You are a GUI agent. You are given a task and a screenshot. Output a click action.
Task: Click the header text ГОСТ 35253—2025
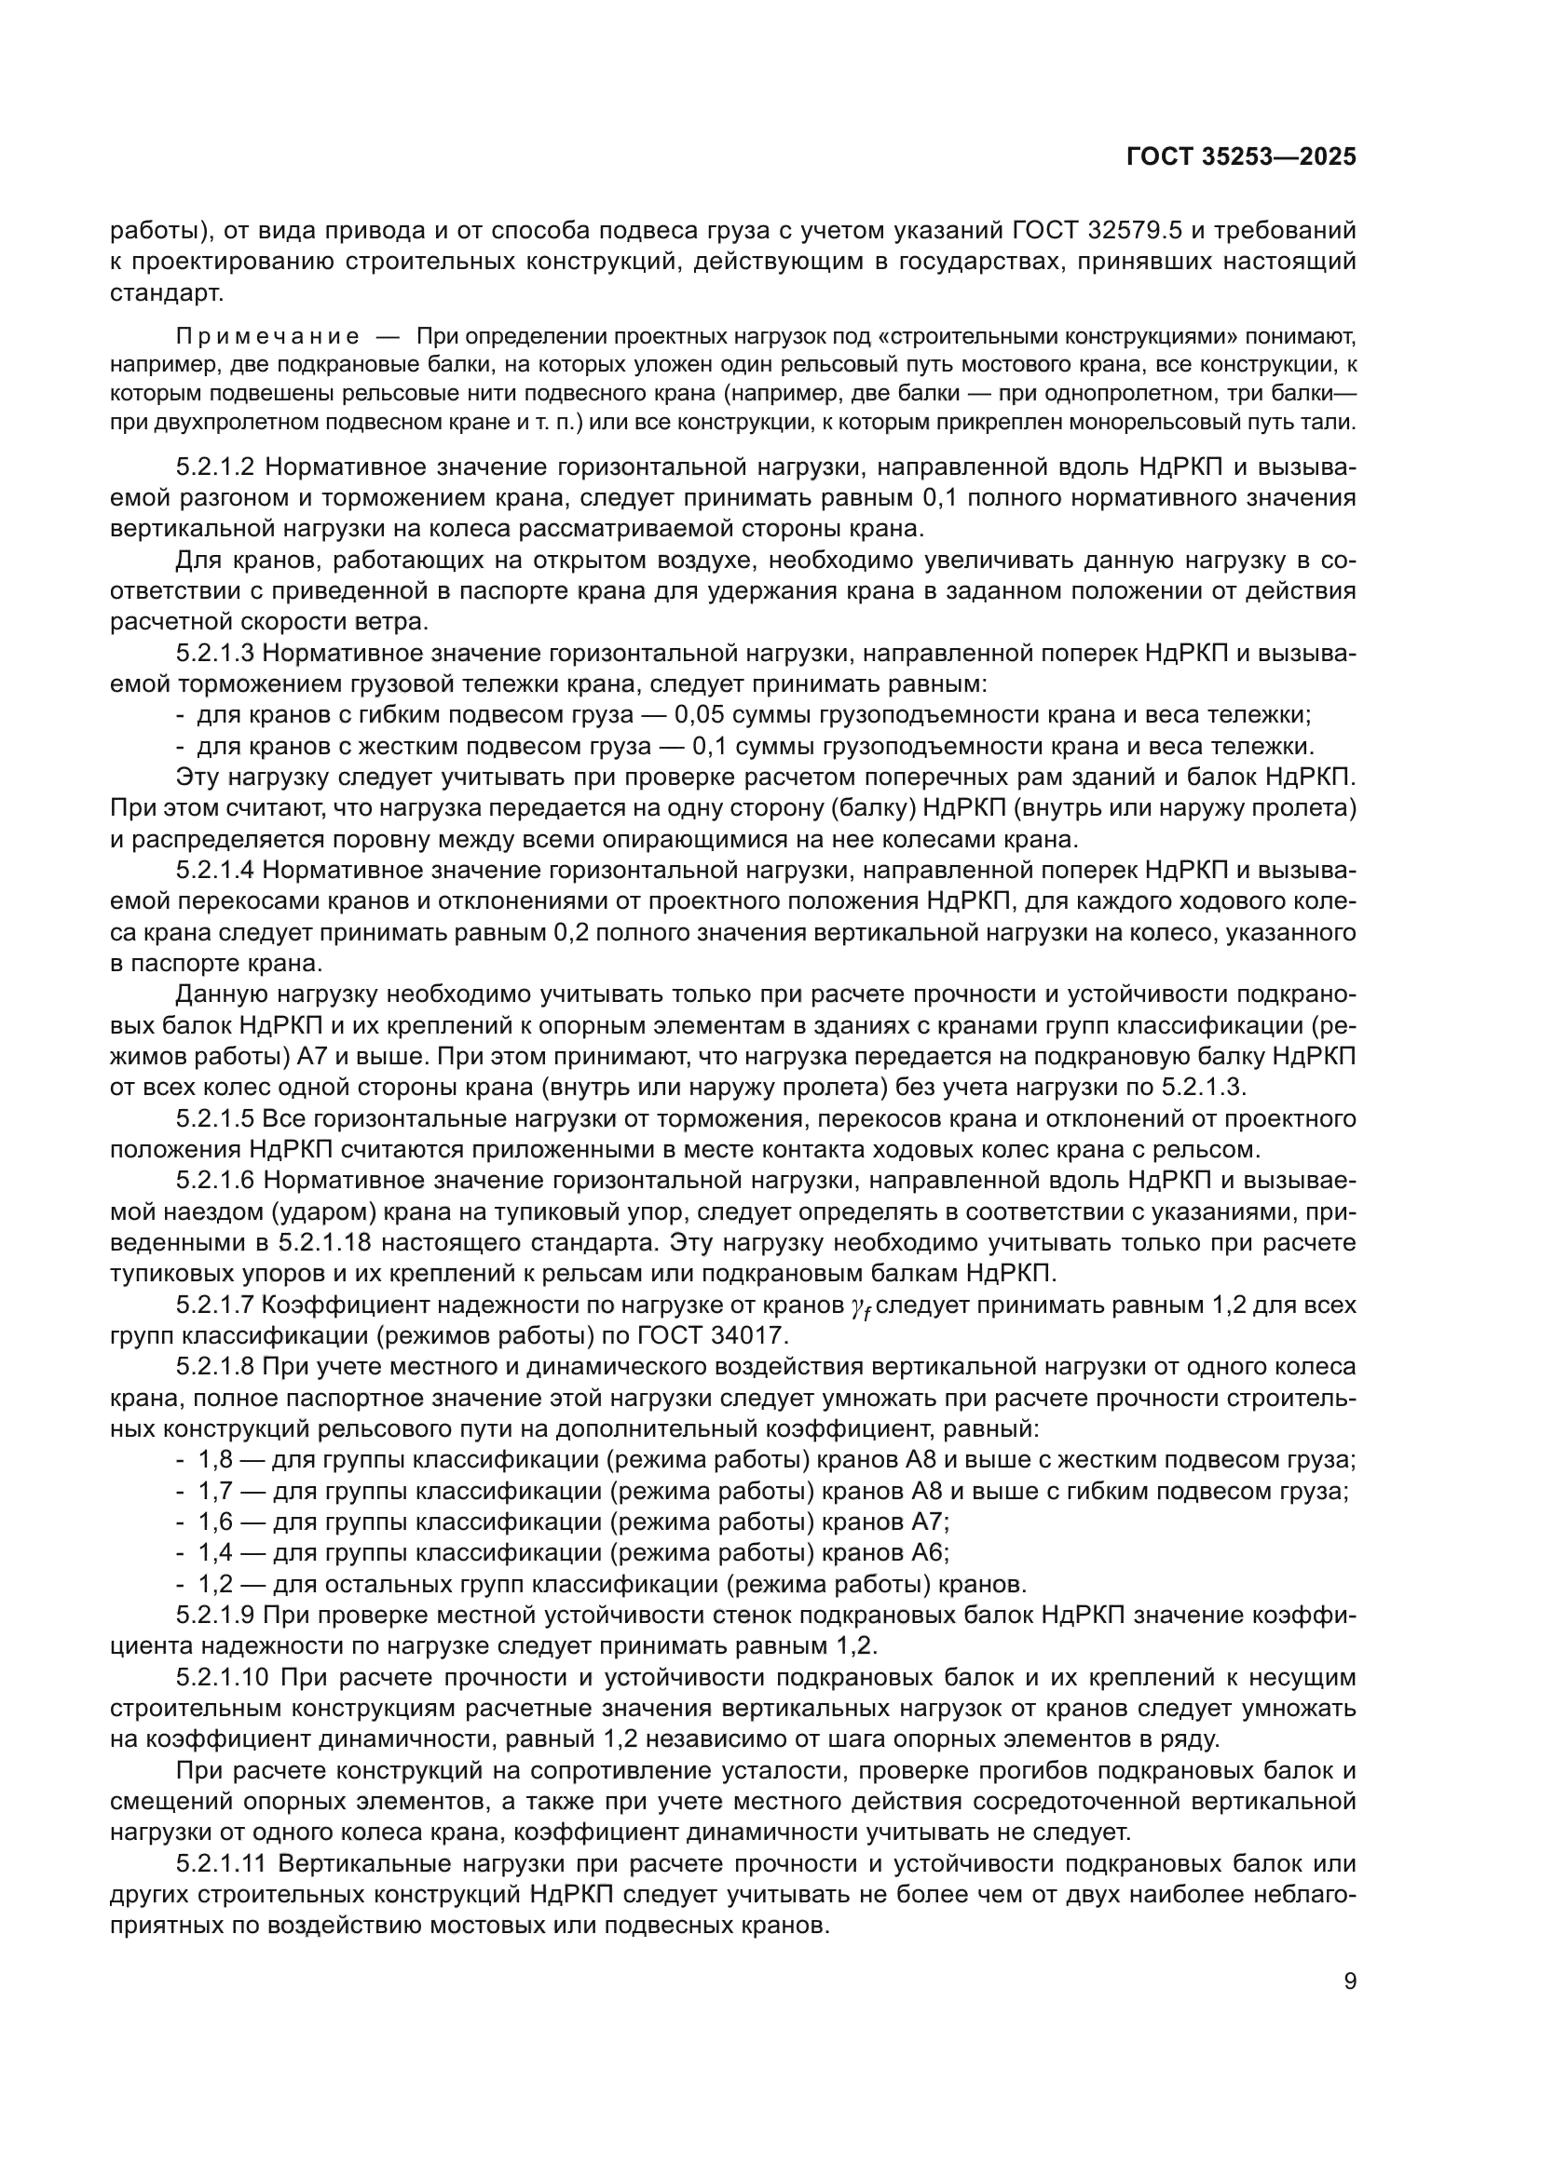click(1241, 157)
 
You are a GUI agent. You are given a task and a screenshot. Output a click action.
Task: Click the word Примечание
click(267, 337)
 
